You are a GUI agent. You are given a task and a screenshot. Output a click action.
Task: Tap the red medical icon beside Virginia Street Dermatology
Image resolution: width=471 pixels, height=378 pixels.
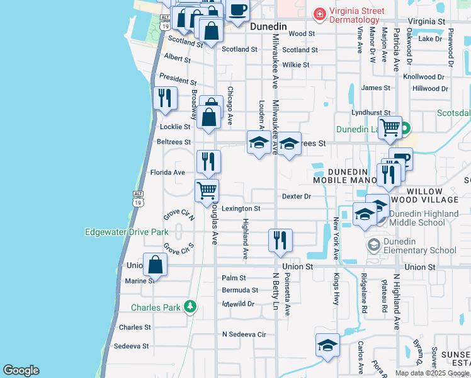pos(320,13)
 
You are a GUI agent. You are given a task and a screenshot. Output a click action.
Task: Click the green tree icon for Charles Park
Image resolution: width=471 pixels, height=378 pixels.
pos(190,307)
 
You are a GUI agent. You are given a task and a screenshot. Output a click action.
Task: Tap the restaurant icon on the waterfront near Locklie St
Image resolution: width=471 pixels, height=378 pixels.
pos(165,99)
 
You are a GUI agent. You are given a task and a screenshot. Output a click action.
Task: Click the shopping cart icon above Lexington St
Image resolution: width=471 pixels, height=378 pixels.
pos(207,190)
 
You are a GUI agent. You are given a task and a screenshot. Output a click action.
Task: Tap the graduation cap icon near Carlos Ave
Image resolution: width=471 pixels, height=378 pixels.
pos(327,345)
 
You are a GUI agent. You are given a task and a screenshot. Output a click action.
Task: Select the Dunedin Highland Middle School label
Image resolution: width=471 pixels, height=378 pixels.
pos(424,218)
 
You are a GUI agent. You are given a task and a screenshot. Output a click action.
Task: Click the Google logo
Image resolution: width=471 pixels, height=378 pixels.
pos(21,370)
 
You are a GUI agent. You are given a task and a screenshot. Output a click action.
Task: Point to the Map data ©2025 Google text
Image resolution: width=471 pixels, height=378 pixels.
pos(432,373)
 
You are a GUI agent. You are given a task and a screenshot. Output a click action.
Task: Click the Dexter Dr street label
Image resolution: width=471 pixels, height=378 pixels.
pos(297,197)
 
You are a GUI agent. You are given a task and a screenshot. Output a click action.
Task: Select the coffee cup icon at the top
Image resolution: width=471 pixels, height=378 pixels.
pos(238,9)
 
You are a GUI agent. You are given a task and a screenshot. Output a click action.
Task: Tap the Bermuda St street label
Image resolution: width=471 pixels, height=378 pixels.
pos(240,290)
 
